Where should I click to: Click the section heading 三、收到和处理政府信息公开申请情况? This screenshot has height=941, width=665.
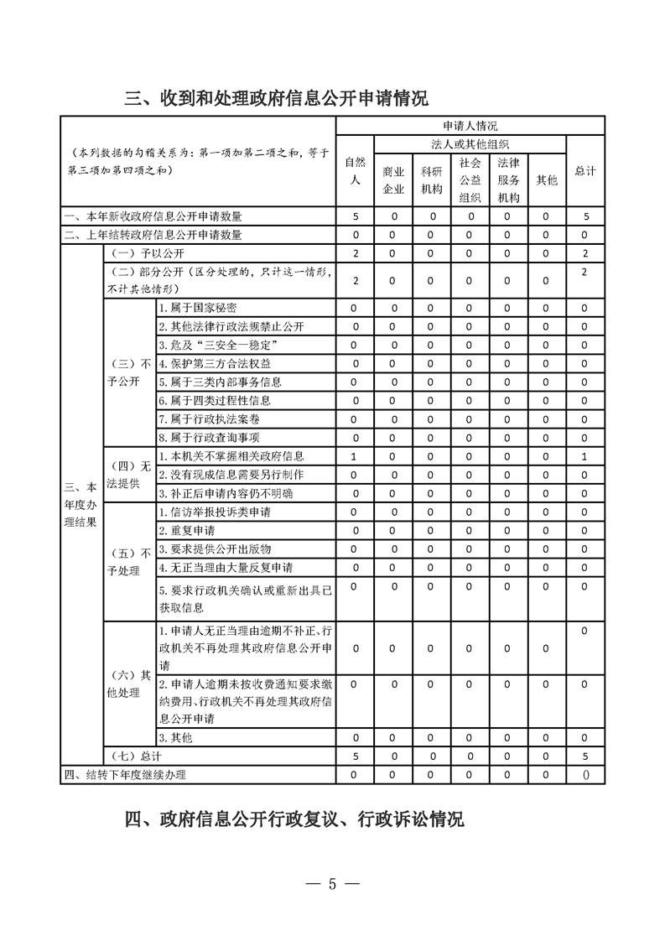coord(277,98)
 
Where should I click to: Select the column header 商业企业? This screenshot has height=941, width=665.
coord(393,179)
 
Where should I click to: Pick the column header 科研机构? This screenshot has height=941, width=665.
coord(432,179)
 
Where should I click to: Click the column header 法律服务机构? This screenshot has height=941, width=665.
coord(508,179)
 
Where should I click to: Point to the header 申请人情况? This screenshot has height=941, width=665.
coord(470,126)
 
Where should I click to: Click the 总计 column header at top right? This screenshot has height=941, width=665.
coord(585,170)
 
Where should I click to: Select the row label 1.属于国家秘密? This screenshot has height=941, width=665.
coord(198,308)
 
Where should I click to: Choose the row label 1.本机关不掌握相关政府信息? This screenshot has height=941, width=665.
coord(231,456)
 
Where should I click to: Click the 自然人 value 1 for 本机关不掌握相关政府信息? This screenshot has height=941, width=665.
coord(356,456)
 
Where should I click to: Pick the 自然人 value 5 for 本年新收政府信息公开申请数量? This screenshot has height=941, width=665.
coord(356,216)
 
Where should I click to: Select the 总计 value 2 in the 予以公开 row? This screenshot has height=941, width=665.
coord(585,253)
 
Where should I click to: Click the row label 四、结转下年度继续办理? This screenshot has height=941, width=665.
coord(125,774)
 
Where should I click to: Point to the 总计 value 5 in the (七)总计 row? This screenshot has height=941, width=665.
coord(585,756)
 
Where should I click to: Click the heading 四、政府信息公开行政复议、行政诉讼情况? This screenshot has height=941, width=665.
coord(294,819)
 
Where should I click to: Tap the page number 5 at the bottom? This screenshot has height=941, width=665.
coord(332,884)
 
